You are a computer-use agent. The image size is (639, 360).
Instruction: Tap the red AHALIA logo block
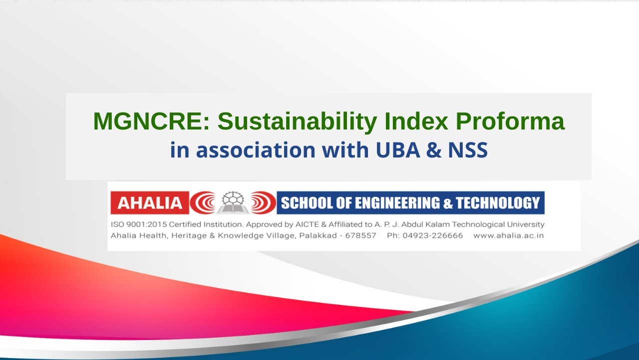pyautogui.click(x=150, y=202)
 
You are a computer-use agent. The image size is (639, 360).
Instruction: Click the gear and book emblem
pyautogui.click(x=232, y=202)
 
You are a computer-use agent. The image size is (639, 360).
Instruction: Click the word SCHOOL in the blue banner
pyautogui.click(x=305, y=203)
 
